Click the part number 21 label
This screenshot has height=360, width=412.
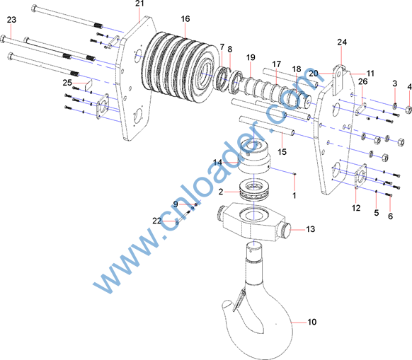(x=139, y=4)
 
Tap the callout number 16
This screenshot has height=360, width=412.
(x=185, y=19)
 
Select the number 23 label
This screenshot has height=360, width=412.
(x=11, y=20)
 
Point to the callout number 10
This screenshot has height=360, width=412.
(x=312, y=322)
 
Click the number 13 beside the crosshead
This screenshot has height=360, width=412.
(x=310, y=229)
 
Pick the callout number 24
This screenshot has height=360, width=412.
(x=342, y=42)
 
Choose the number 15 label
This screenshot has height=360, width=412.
(x=282, y=152)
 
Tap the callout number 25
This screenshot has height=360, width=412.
(x=67, y=83)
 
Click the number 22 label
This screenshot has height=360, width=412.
(x=157, y=221)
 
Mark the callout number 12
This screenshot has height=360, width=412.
(x=356, y=208)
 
